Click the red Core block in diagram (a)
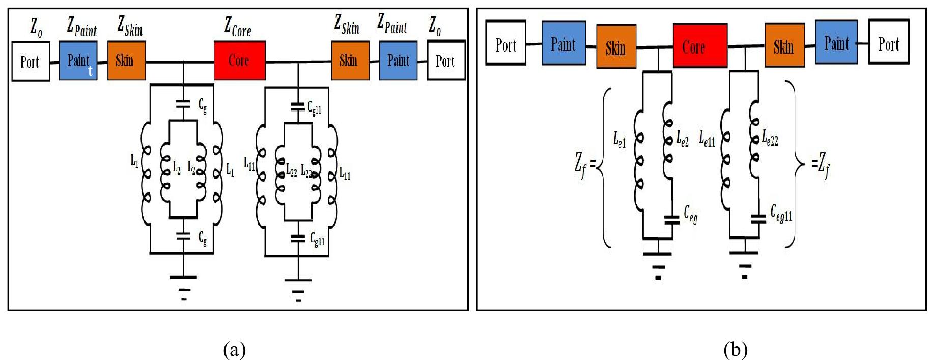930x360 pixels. click(x=239, y=61)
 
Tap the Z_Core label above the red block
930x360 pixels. click(x=238, y=26)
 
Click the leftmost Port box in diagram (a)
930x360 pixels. click(x=31, y=62)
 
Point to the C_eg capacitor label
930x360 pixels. click(x=690, y=213)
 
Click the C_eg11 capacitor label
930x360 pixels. click(x=780, y=213)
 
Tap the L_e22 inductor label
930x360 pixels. click(x=770, y=137)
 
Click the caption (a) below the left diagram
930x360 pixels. click(x=235, y=349)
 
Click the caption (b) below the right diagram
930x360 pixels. click(x=735, y=349)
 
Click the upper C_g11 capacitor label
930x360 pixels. click(x=314, y=108)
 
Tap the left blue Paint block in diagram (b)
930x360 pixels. click(x=563, y=43)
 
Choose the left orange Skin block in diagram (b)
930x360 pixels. click(x=616, y=47)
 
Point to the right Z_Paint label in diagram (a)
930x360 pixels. click(x=392, y=24)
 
